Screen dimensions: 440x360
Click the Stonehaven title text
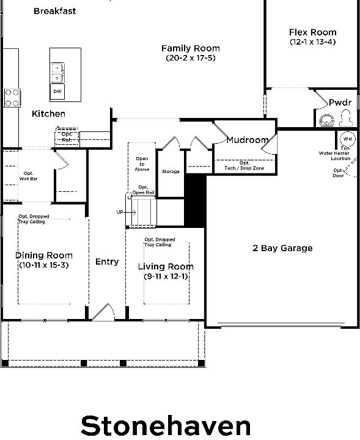coord(166,425)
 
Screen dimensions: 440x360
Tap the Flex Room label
coord(313,32)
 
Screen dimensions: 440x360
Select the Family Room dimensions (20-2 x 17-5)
coord(191,58)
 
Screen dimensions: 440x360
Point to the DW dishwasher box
coord(57,91)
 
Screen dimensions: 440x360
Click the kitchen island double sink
coord(57,73)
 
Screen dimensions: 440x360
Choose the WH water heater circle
coord(347,138)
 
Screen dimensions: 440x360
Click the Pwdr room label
coord(340,103)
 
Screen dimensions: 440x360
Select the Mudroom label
coord(247,140)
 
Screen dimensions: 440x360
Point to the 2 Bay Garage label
coord(282,248)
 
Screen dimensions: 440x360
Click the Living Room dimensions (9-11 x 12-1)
coord(166,276)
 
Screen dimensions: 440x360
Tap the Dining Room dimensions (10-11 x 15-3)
coord(44,265)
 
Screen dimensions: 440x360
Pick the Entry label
coord(107,262)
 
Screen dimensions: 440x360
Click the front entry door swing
coord(103,312)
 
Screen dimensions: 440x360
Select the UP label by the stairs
coord(120,212)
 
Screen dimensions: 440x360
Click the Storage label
coord(171,172)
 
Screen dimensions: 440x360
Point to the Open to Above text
coord(142,164)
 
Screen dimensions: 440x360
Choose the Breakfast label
coord(55,11)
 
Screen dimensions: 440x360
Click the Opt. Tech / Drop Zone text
coord(243,165)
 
